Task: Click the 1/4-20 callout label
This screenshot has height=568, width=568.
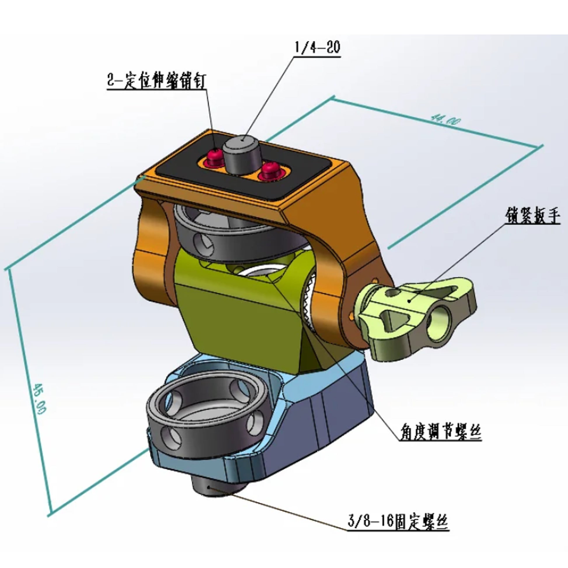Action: click(317, 47)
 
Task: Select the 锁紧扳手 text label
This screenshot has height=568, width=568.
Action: click(532, 216)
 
